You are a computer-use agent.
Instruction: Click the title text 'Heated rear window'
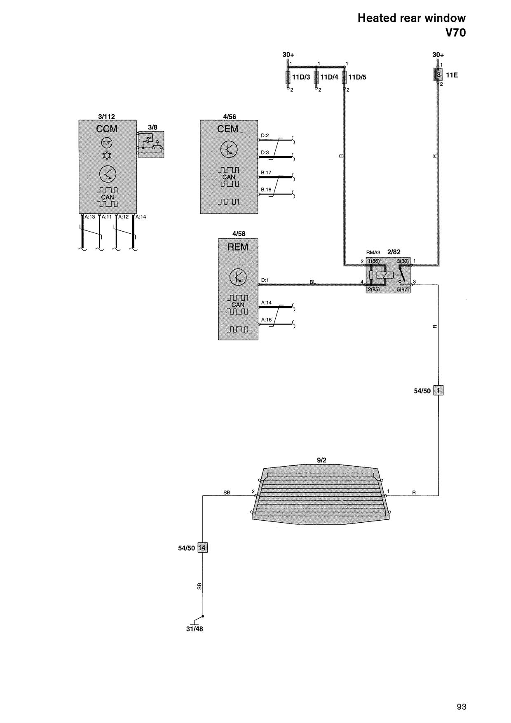coord(411,18)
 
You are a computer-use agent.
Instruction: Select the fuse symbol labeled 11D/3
coord(288,77)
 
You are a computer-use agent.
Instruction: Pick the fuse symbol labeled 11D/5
coord(344,77)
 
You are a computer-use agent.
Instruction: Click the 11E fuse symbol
coord(438,75)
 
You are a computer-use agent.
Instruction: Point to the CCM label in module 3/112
coord(107,129)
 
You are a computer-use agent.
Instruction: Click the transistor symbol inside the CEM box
coord(229,149)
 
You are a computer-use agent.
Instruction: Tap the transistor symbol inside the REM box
coord(238,277)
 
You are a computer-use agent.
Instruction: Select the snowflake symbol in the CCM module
coord(107,156)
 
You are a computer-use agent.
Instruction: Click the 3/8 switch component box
coord(151,144)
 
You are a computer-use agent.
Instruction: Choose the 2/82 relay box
coord(388,275)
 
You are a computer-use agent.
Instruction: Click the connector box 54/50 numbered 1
coord(438,390)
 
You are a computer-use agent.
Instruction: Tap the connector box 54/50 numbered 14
coord(202,547)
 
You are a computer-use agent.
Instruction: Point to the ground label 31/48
coord(195,629)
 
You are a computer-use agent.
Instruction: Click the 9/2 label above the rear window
coord(321,460)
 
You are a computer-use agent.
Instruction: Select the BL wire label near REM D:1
coord(313,282)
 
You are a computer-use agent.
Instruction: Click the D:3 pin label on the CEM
coord(265,153)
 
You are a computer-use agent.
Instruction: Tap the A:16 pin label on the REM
coord(266,319)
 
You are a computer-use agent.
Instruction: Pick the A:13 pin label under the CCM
coord(90,217)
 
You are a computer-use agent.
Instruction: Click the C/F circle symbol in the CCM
coord(107,143)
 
